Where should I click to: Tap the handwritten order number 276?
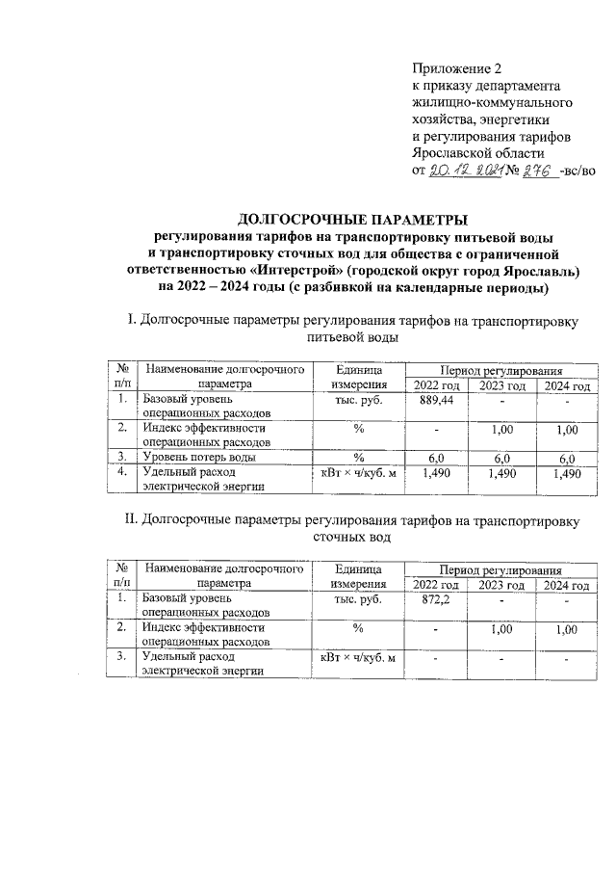point(536,170)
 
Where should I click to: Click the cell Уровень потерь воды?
point(199,457)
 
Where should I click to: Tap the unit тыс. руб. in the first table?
point(355,400)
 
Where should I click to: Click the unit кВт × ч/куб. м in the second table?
point(358,658)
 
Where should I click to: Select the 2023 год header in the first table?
point(501,385)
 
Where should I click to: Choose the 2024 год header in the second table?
point(565,585)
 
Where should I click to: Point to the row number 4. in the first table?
point(122,473)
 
